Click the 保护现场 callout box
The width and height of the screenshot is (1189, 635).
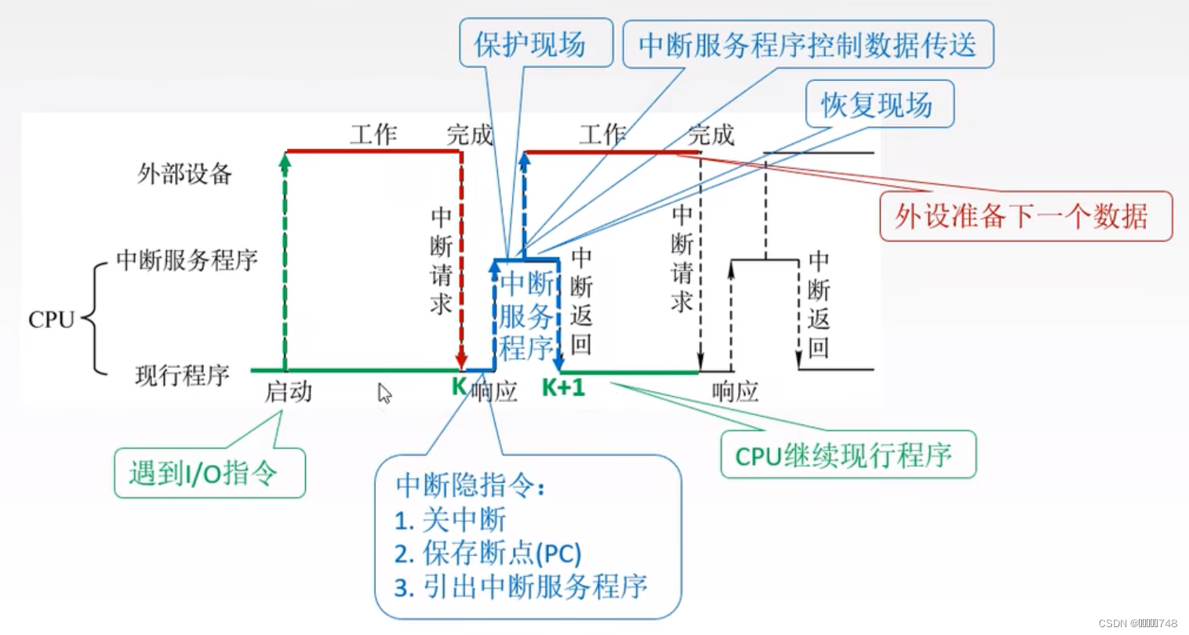click(536, 44)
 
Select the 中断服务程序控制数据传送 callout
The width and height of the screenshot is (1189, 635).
click(808, 44)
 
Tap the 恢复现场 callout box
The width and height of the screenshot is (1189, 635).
click(879, 104)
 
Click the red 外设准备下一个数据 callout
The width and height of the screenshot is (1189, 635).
click(1025, 216)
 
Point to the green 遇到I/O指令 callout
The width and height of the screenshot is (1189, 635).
click(209, 473)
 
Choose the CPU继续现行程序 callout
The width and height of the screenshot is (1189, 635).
click(848, 455)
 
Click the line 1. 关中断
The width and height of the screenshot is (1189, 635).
click(450, 520)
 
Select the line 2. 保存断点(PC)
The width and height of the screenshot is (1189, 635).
click(488, 553)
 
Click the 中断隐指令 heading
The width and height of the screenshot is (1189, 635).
click(470, 485)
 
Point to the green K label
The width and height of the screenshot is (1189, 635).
click(459, 386)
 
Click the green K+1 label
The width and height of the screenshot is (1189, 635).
click(563, 387)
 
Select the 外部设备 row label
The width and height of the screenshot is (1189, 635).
click(185, 173)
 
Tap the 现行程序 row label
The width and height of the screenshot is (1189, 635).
click(182, 376)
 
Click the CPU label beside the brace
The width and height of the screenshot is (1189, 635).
click(51, 320)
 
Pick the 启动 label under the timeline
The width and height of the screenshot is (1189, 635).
click(288, 391)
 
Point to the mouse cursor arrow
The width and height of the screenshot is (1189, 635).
click(384, 393)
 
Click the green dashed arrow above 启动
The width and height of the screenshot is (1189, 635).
click(285, 259)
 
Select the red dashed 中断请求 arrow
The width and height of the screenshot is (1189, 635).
click(461, 259)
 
